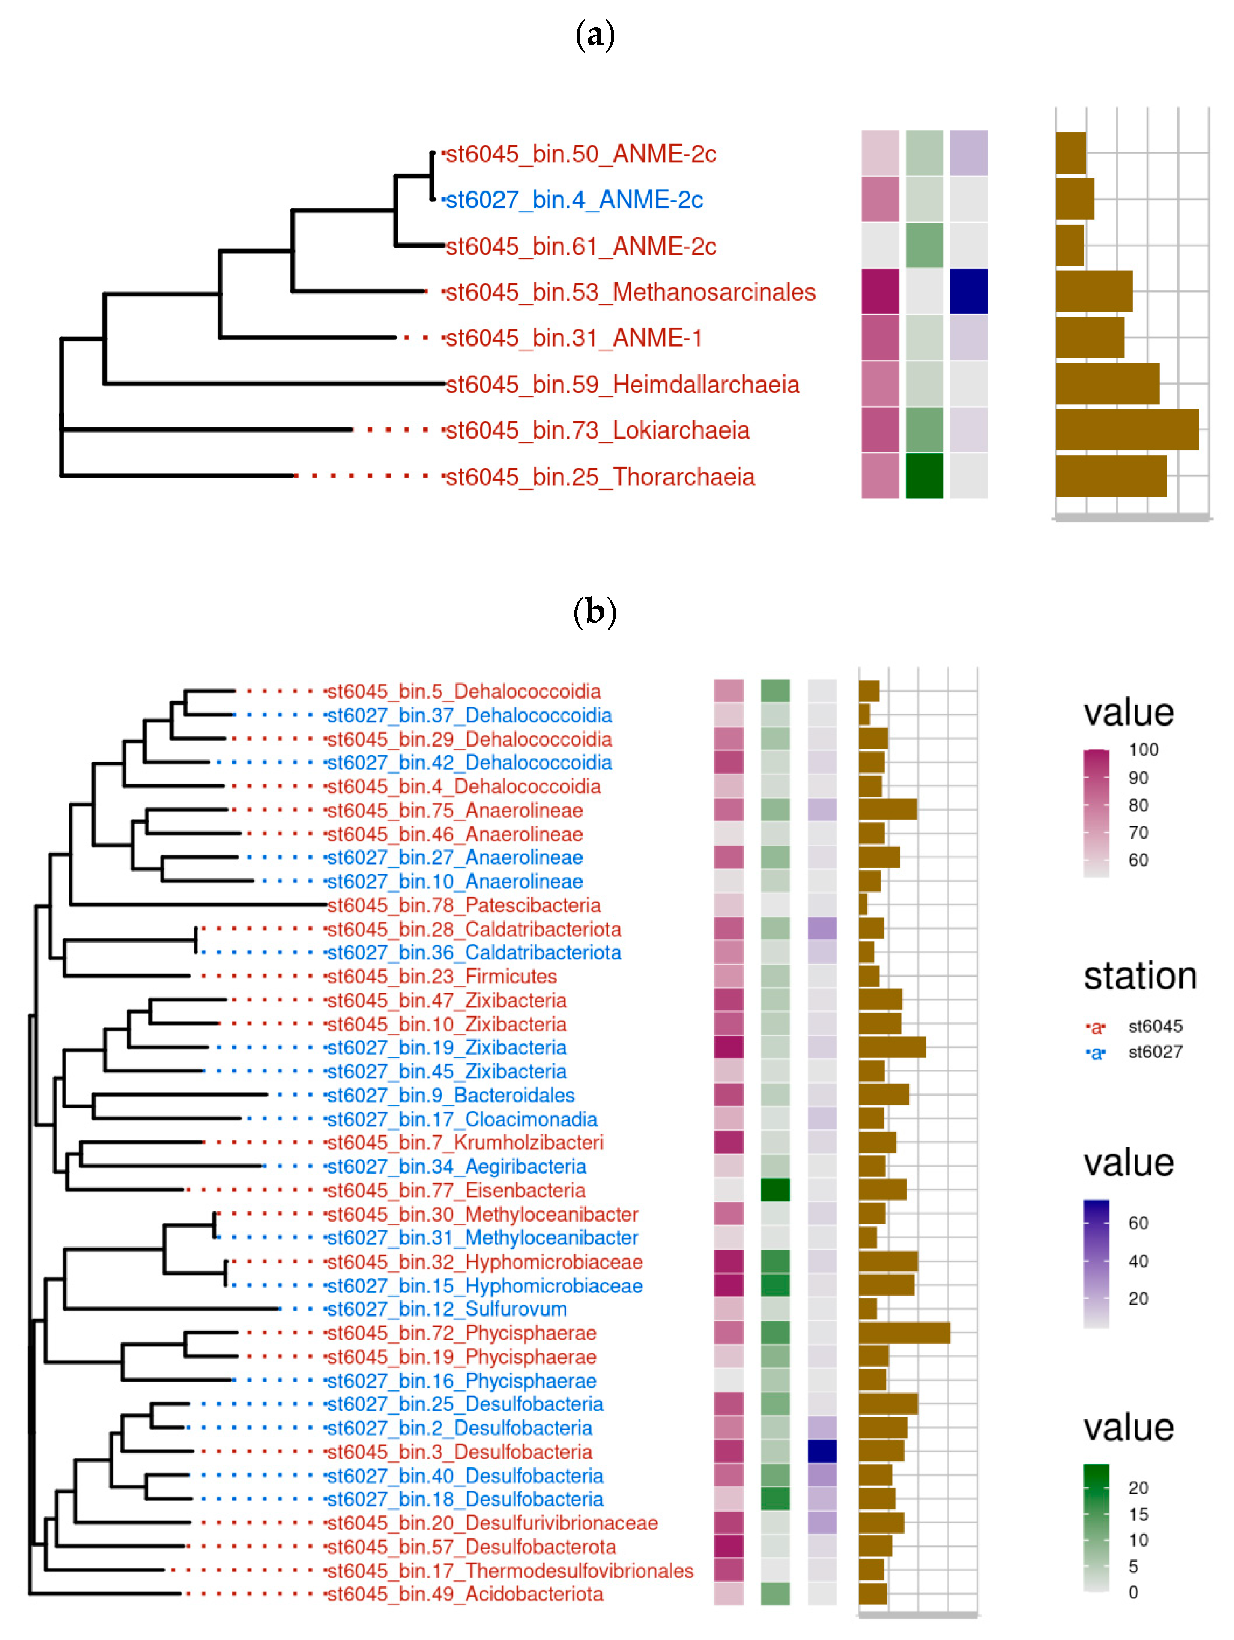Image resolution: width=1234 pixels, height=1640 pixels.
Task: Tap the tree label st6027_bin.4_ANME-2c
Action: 573,200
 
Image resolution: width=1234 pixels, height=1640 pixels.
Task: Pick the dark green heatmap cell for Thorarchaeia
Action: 924,476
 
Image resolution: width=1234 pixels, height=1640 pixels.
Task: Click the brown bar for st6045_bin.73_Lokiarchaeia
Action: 1126,429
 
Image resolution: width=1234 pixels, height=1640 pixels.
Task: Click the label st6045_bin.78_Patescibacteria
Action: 463,905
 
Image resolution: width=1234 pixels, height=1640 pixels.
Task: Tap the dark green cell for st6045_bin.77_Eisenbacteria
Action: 775,1190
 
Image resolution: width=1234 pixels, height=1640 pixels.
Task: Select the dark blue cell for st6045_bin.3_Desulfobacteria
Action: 822,1452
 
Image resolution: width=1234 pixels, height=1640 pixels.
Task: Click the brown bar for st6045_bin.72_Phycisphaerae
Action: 904,1333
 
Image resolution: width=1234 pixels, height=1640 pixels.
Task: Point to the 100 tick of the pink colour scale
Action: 1143,750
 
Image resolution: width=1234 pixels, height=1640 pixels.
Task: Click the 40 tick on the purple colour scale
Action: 1138,1261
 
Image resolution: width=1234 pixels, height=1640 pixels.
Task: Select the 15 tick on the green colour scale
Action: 1138,1514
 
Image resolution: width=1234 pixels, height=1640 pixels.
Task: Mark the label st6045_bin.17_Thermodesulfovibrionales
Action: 509,1570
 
